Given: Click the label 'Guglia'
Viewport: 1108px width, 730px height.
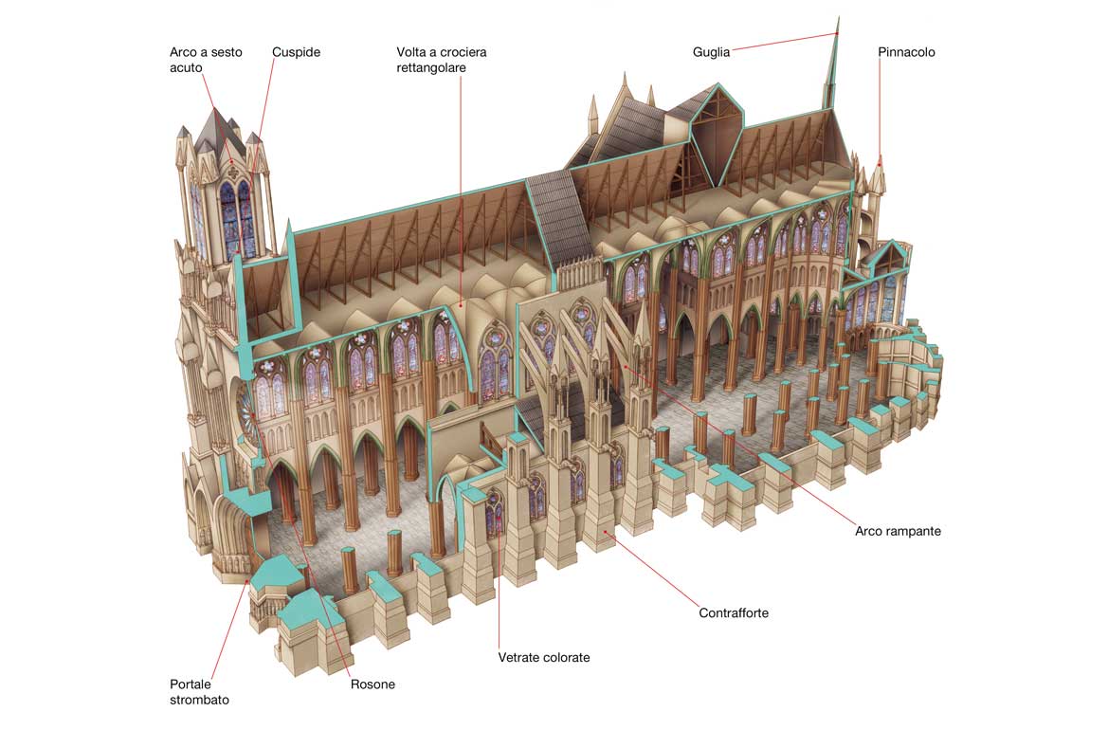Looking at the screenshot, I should (x=711, y=52).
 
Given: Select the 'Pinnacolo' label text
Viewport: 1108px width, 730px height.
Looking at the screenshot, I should (x=906, y=52).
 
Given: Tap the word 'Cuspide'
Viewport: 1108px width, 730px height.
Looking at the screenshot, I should (x=296, y=52).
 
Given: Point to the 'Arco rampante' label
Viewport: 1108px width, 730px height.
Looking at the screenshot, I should (x=898, y=531).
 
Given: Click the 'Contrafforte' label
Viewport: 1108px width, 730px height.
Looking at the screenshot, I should (x=734, y=612).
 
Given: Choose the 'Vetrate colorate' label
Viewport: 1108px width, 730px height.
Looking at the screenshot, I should (x=544, y=657).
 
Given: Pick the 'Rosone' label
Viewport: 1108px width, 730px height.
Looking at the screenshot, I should (x=372, y=684).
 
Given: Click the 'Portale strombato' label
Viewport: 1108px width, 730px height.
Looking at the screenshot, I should (x=199, y=691).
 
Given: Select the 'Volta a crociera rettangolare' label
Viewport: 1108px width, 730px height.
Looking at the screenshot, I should (x=442, y=60).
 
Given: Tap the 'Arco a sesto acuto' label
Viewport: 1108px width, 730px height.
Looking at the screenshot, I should (x=206, y=60).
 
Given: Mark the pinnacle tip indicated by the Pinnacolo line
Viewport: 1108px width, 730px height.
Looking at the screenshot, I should (x=881, y=163).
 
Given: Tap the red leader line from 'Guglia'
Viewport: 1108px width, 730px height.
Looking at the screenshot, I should (x=777, y=42).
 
